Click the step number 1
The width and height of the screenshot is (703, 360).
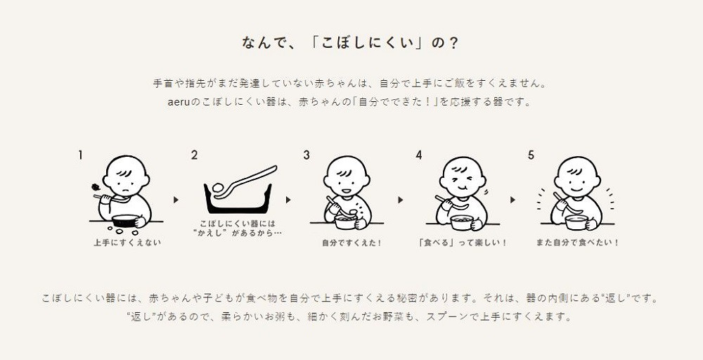tap(81, 155)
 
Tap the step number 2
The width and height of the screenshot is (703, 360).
tap(194, 155)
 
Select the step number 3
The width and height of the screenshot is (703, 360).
tap(307, 155)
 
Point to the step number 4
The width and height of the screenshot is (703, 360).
tap(419, 155)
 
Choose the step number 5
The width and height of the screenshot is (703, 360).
tap(531, 155)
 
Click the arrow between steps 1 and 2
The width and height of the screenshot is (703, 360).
tap(176, 200)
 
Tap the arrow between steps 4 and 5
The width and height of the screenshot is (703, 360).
tap(512, 200)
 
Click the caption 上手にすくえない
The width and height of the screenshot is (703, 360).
tap(127, 243)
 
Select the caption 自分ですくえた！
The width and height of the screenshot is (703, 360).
tap(352, 243)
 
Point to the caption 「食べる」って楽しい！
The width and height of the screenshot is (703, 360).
tap(463, 243)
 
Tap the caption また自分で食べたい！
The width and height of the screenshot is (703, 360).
tap(578, 243)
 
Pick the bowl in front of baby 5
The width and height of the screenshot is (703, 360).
tap(576, 222)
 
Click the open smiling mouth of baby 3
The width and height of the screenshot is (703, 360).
tap(346, 190)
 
